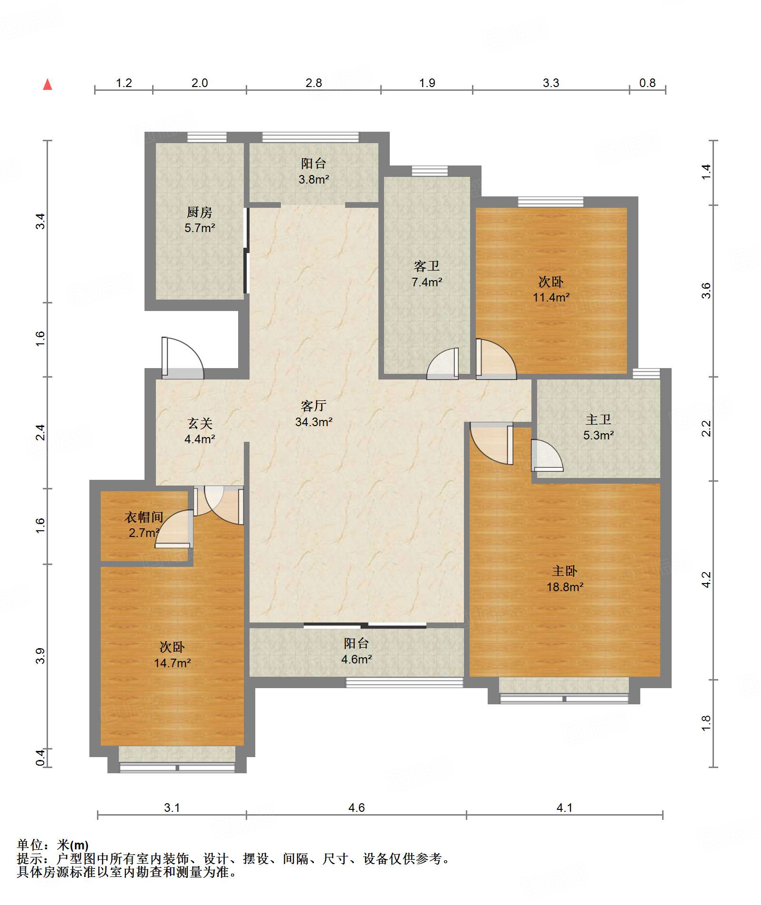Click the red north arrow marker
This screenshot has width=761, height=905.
point(48,84)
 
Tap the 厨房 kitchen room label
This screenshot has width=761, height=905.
point(200,212)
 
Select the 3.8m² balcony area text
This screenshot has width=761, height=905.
point(314,179)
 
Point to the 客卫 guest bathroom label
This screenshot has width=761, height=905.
point(427,265)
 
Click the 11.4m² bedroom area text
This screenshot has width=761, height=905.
point(551,297)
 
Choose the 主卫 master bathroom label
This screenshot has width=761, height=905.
point(598,419)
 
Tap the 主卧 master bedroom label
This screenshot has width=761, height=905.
point(565,571)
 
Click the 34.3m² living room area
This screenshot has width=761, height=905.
point(314,421)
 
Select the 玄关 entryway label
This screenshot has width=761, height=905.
point(200,423)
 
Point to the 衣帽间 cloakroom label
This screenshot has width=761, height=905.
point(144,517)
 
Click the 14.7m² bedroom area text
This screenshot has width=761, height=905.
point(172,663)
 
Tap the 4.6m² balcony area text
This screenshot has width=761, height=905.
point(356,659)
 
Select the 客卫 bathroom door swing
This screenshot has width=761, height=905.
point(443,364)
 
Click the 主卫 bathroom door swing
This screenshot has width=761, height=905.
point(547,455)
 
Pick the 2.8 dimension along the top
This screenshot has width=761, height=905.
point(314,83)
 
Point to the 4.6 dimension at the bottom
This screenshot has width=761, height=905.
point(356,808)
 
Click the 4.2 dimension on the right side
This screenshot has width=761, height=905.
point(706,580)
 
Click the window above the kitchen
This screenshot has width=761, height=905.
point(207,137)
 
